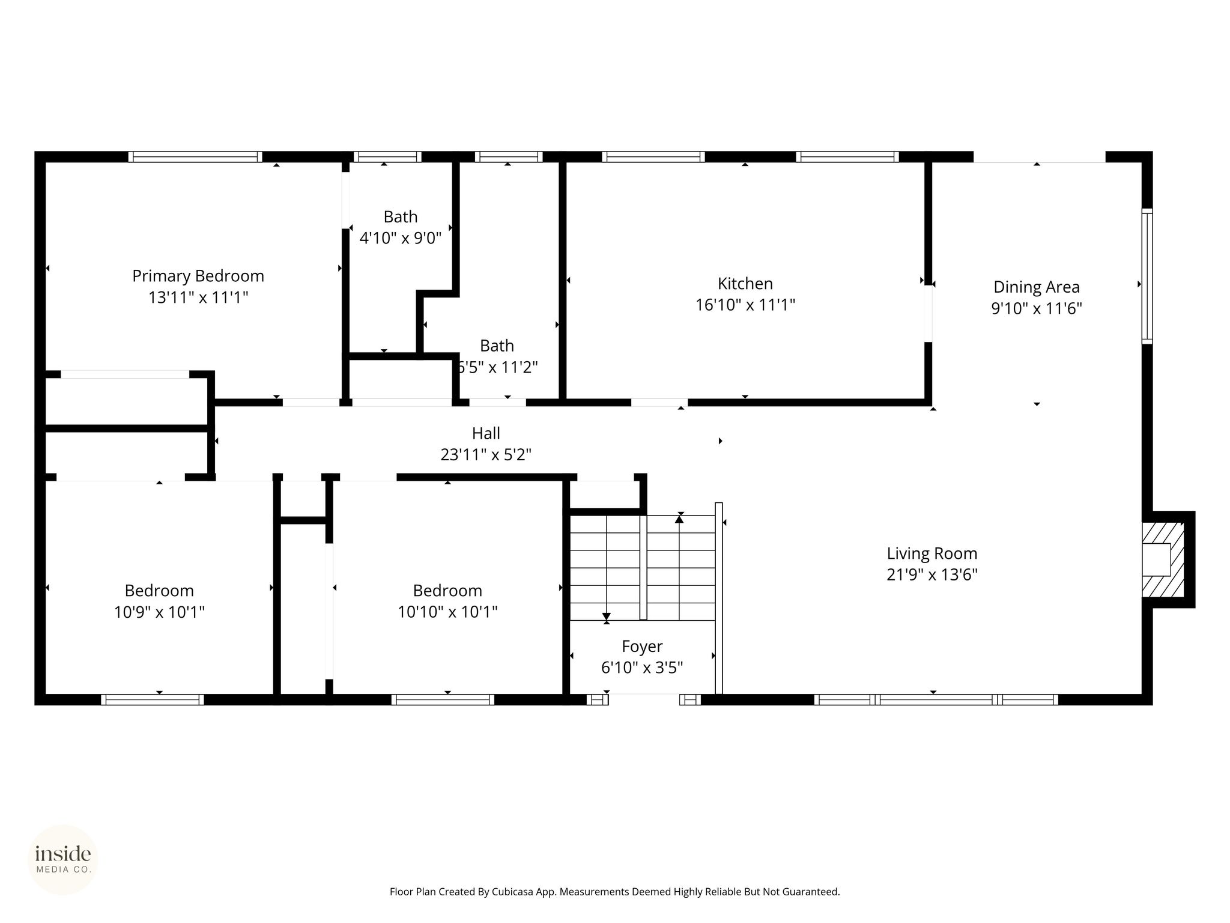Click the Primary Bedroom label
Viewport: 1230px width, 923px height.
[x=198, y=276]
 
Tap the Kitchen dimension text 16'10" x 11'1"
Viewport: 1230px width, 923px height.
[x=745, y=305]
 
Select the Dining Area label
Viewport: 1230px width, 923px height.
[x=1037, y=287]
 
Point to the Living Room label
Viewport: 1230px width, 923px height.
[x=932, y=553]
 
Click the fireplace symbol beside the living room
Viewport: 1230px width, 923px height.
[x=1163, y=559]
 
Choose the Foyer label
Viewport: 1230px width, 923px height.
[x=642, y=647]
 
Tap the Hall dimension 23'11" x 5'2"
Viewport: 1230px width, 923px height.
[x=486, y=455]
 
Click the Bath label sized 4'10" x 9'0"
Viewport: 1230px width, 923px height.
[x=401, y=217]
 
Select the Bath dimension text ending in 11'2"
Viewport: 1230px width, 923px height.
[x=497, y=367]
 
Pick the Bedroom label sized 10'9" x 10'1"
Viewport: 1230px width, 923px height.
[x=159, y=591]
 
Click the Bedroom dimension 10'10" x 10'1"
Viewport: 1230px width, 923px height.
[x=447, y=612]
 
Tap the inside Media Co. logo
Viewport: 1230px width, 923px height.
[x=63, y=859]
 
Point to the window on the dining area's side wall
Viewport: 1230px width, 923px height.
[x=1147, y=276]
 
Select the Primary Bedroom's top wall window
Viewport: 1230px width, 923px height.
[x=195, y=157]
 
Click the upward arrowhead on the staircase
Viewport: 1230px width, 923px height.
[x=679, y=519]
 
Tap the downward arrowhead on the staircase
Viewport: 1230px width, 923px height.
[x=607, y=617]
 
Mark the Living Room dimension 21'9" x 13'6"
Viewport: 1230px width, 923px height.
[x=932, y=575]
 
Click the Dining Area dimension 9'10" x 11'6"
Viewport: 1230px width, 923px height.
[x=1037, y=309]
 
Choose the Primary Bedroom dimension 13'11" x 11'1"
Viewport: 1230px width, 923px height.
[x=198, y=297]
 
